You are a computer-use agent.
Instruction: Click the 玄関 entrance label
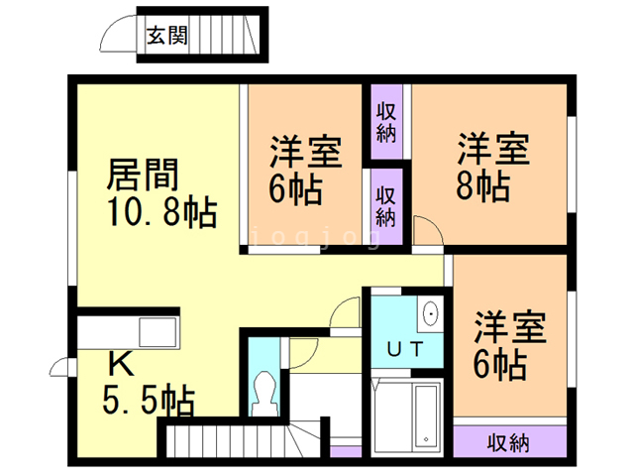[x=162, y=37]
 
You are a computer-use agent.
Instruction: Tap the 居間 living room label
[x=143, y=175]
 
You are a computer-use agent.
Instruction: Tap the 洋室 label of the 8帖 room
[x=492, y=149]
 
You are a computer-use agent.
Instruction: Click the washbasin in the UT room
[x=431, y=315]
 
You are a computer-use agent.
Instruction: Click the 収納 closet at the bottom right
[x=507, y=442]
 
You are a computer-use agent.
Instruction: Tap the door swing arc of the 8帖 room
[x=429, y=232]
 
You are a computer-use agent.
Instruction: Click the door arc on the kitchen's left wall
[x=61, y=368]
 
